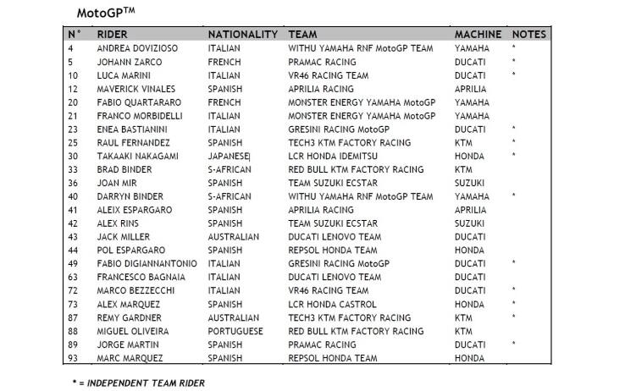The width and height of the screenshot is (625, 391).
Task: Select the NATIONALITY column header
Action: [x=242, y=35]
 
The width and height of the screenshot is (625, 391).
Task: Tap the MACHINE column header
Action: [x=479, y=35]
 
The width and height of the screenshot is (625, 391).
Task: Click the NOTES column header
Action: [x=529, y=35]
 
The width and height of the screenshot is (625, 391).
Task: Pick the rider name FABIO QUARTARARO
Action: [x=137, y=102]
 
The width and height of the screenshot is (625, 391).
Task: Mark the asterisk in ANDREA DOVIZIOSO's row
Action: [x=514, y=48]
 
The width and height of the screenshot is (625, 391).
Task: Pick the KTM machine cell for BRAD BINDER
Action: [x=464, y=169]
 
